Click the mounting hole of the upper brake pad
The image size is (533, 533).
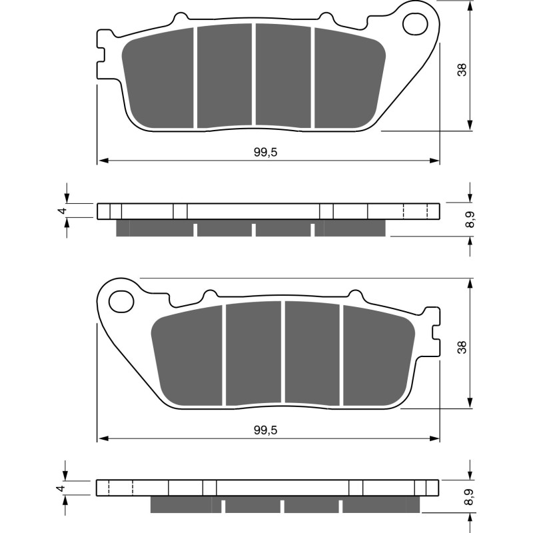point(415,24)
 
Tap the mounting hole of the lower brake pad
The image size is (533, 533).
point(121,302)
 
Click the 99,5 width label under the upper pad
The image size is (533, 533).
point(265,152)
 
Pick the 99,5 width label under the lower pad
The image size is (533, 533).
point(265,430)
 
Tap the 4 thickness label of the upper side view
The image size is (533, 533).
point(61,211)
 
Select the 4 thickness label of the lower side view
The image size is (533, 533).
point(61,488)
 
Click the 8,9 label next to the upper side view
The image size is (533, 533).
point(471,219)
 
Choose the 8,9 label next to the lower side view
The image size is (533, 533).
point(471,497)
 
